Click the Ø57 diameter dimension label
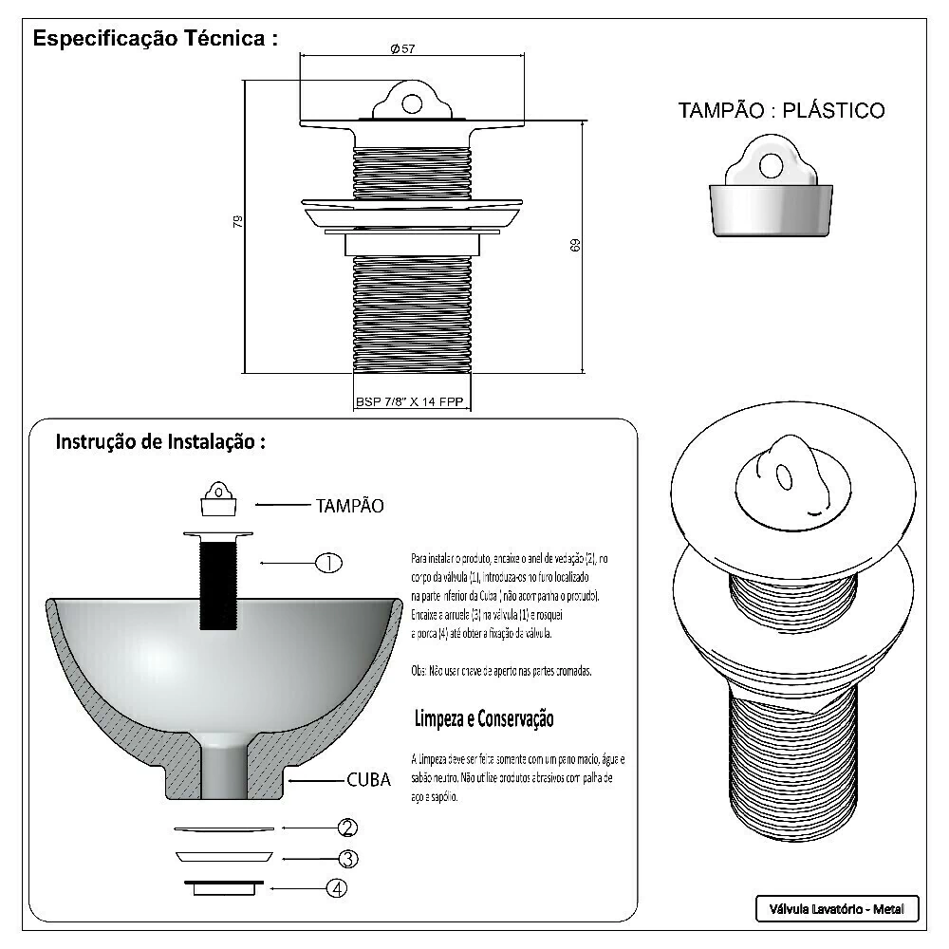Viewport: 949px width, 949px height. pos(403,49)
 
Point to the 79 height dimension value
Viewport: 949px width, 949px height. pos(238,221)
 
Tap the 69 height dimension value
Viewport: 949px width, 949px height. pos(575,245)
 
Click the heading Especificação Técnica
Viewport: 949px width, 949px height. pos(156,40)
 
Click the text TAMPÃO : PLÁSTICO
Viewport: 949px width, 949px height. pos(781,110)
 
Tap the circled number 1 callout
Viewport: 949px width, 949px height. pos(327,562)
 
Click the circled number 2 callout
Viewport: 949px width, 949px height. pos(348,828)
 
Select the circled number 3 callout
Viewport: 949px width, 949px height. pos(348,859)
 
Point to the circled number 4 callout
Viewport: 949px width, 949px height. pos(337,889)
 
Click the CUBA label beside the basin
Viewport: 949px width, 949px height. pos(368,780)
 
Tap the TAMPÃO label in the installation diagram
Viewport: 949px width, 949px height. pos(349,506)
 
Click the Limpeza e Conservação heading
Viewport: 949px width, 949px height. pos(483,718)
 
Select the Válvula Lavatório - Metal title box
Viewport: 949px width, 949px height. pos(837,909)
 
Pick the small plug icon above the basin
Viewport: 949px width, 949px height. pos(219,497)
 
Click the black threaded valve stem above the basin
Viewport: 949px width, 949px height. pos(219,584)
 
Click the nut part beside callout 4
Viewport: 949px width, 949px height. pos(225,887)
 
